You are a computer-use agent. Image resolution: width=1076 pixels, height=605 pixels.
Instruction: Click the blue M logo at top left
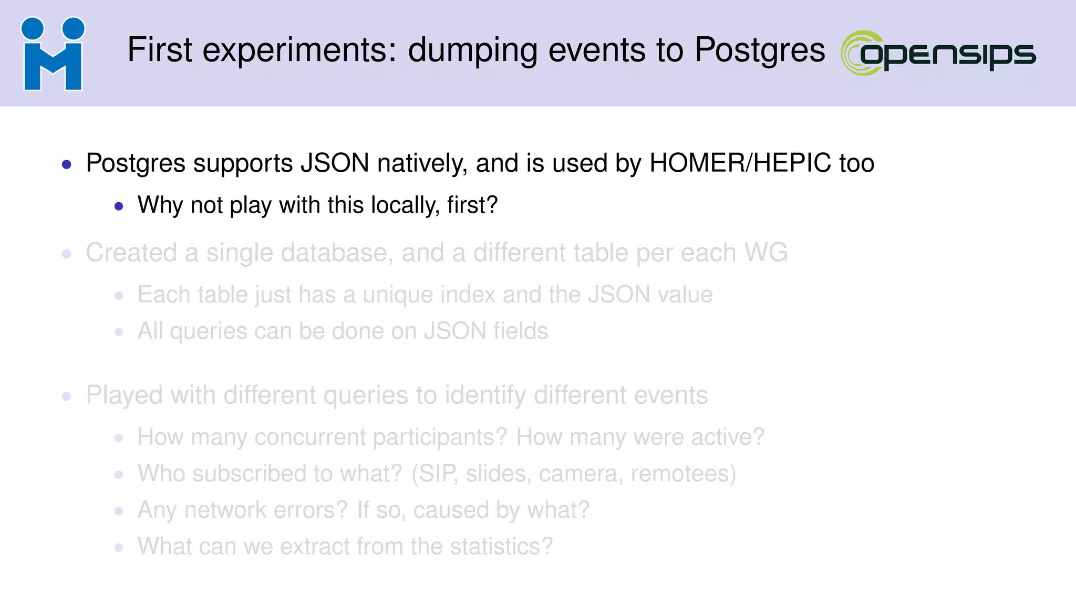click(53, 55)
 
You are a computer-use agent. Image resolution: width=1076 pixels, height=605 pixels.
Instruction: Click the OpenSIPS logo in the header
click(938, 53)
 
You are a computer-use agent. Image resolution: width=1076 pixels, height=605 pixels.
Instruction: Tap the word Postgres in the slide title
click(760, 50)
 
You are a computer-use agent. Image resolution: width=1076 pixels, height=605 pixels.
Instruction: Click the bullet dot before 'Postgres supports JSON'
click(67, 164)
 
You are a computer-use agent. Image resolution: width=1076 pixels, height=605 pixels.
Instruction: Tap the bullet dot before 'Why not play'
click(119, 206)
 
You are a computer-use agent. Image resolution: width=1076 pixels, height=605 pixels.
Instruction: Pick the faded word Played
click(124, 395)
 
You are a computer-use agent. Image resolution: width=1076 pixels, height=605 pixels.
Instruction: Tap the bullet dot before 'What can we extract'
click(119, 548)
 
